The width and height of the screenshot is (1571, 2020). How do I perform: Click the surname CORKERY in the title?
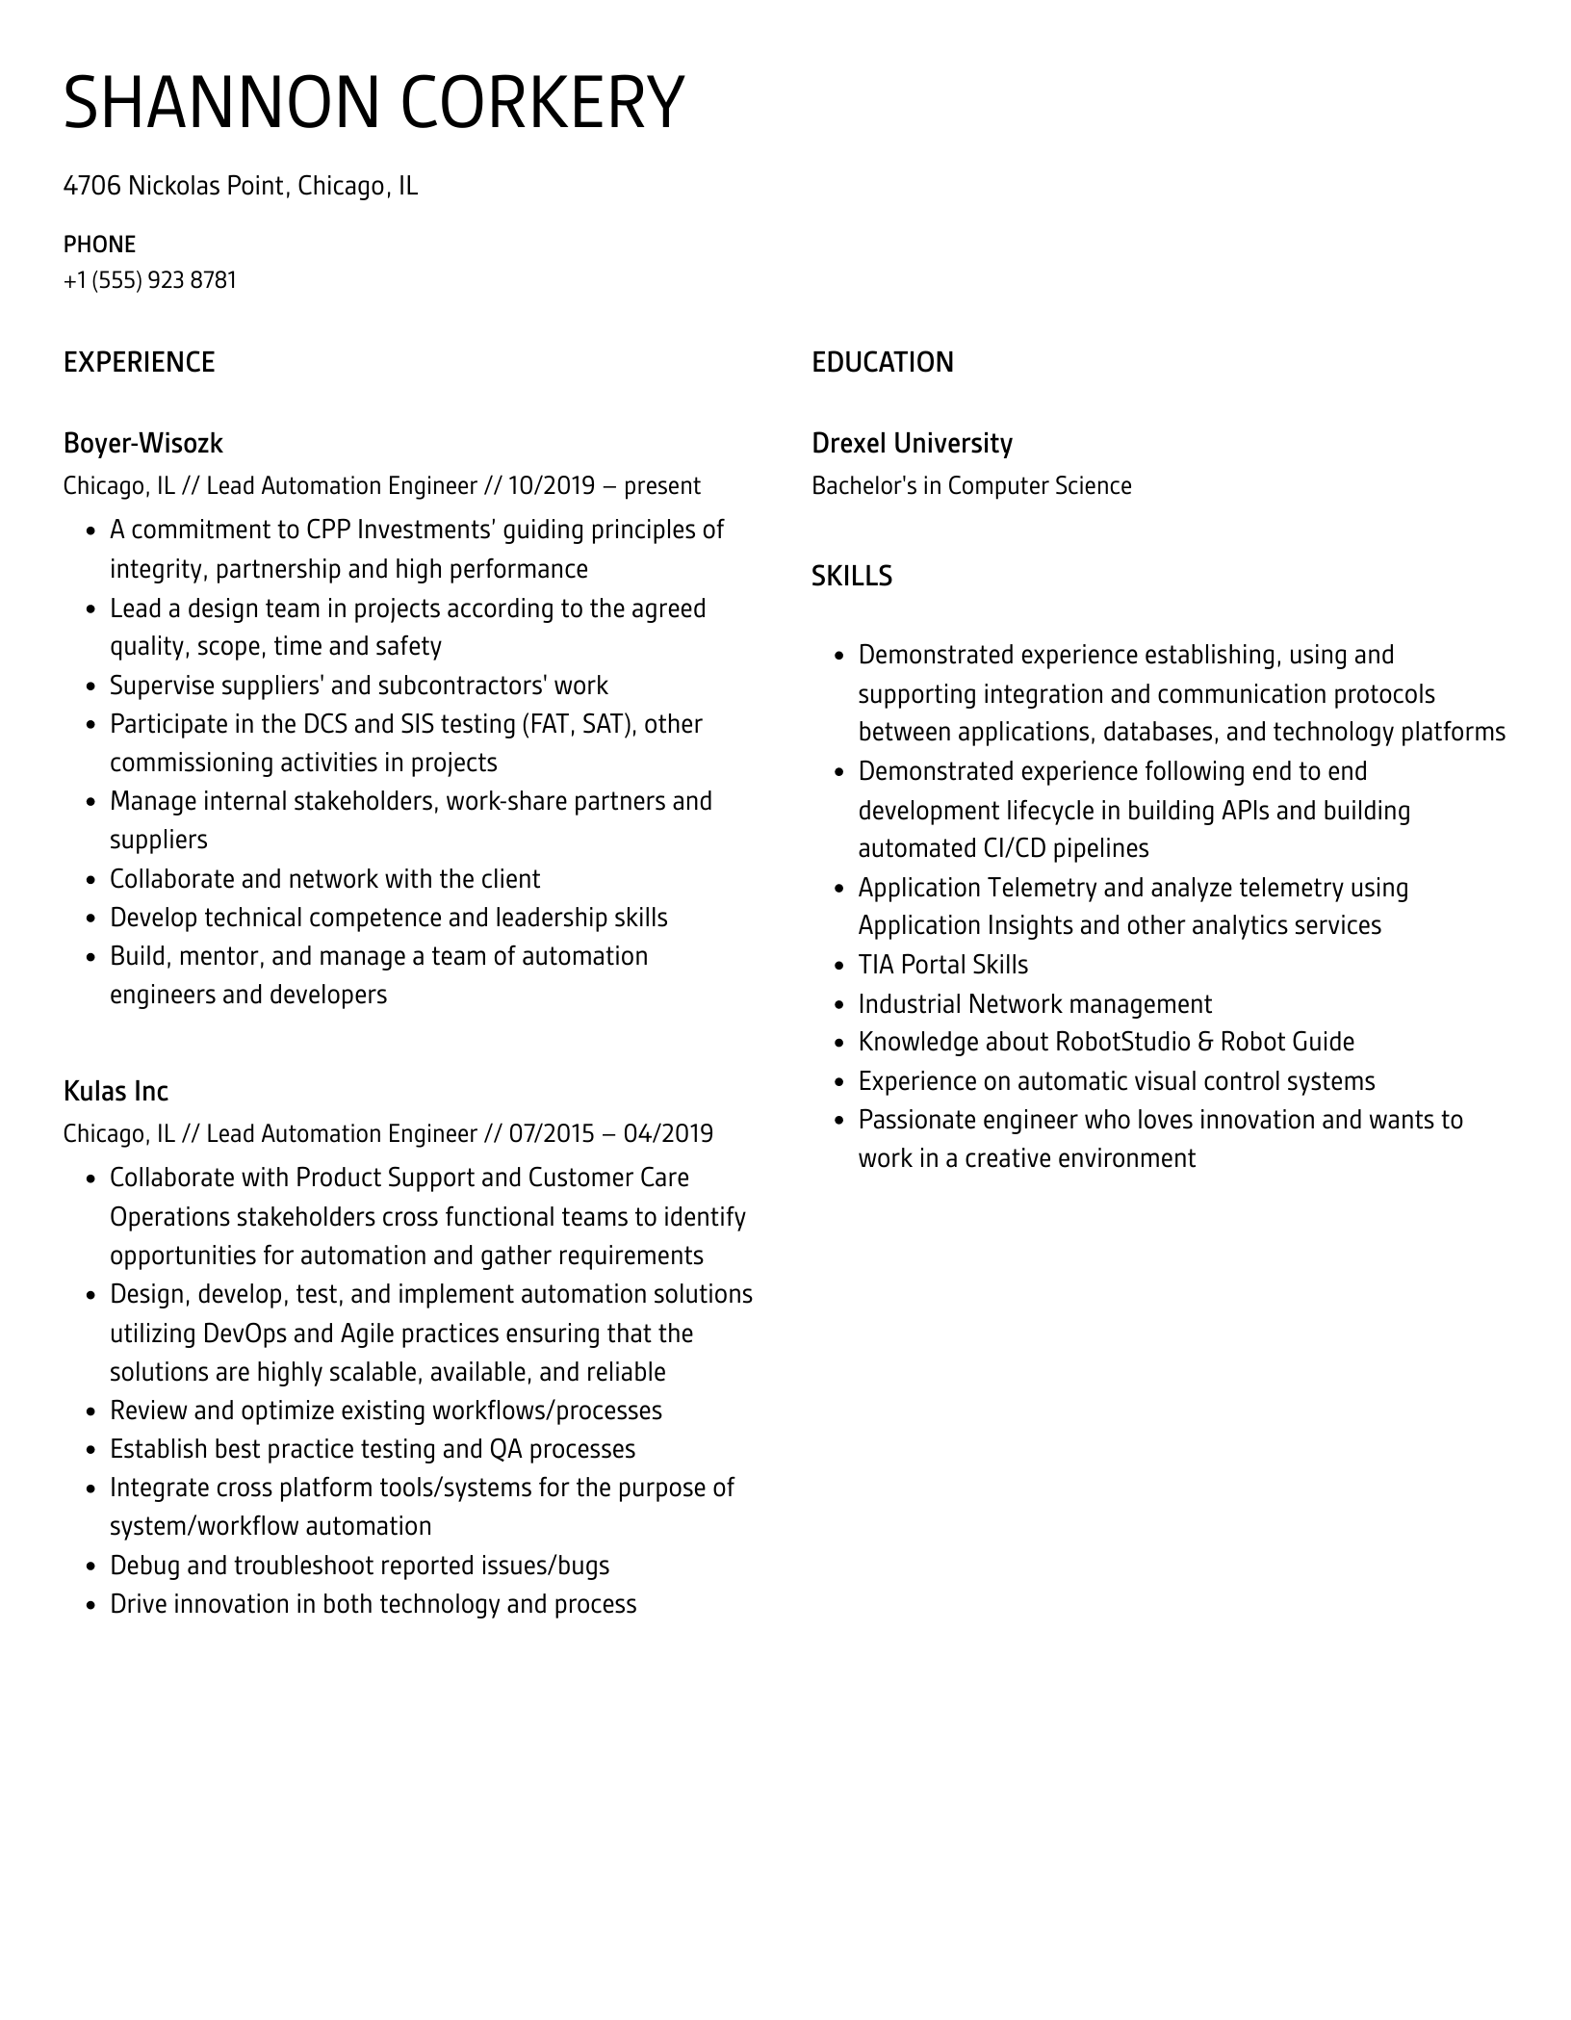pos(540,102)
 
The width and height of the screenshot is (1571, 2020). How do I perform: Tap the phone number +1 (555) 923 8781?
pos(150,280)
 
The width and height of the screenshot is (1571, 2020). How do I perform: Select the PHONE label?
pos(99,245)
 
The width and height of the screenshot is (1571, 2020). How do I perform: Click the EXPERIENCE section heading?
pos(139,362)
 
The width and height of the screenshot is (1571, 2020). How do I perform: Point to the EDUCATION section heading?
pos(882,362)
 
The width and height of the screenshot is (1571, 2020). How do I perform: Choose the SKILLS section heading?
pos(851,576)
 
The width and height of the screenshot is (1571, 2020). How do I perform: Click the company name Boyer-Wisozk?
pos(142,443)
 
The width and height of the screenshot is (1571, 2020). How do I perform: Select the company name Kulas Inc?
pos(116,1091)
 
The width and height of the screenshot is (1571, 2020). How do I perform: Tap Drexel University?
pos(912,443)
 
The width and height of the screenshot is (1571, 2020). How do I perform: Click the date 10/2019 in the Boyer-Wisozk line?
pos(551,485)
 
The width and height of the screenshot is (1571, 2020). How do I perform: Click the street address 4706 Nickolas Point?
pos(174,185)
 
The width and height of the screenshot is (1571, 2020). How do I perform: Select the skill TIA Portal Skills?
pos(942,965)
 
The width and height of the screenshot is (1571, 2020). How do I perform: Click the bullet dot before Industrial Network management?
pos(838,1005)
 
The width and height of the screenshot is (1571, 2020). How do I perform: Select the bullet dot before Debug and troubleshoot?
pos(90,1567)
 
